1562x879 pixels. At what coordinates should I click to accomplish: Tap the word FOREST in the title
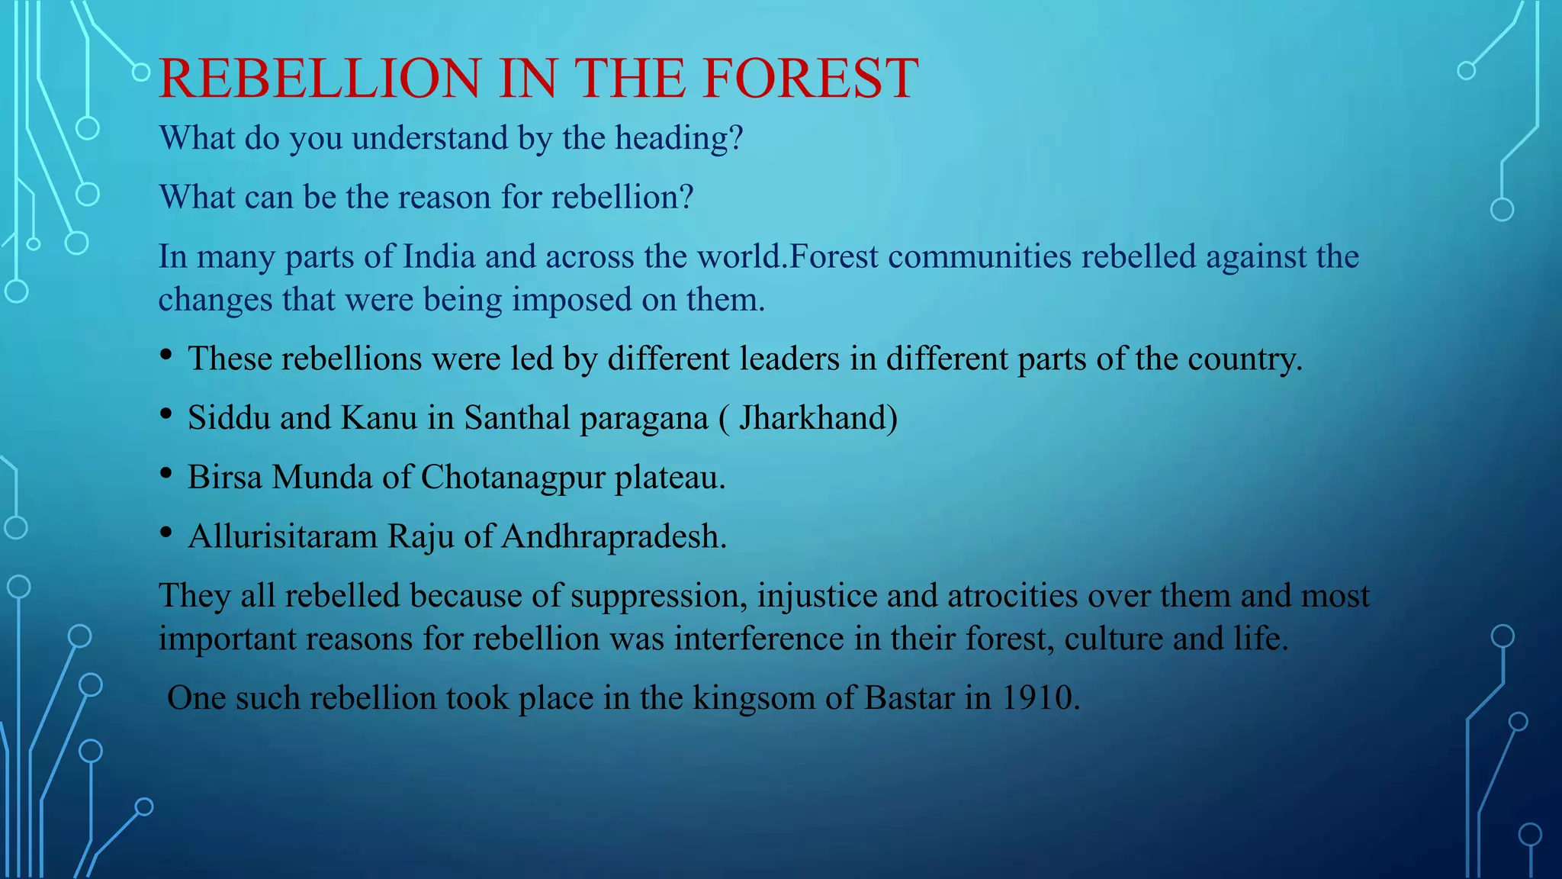pyautogui.click(x=810, y=79)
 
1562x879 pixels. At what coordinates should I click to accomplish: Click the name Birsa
pyautogui.click(x=225, y=478)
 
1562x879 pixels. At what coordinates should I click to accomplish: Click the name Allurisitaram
pyautogui.click(x=283, y=537)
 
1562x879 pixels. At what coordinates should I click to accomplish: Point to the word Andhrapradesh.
pyautogui.click(x=613, y=537)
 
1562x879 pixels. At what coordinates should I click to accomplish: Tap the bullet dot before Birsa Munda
pyautogui.click(x=166, y=474)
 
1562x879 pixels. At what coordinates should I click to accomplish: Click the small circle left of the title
pyautogui.click(x=141, y=72)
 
